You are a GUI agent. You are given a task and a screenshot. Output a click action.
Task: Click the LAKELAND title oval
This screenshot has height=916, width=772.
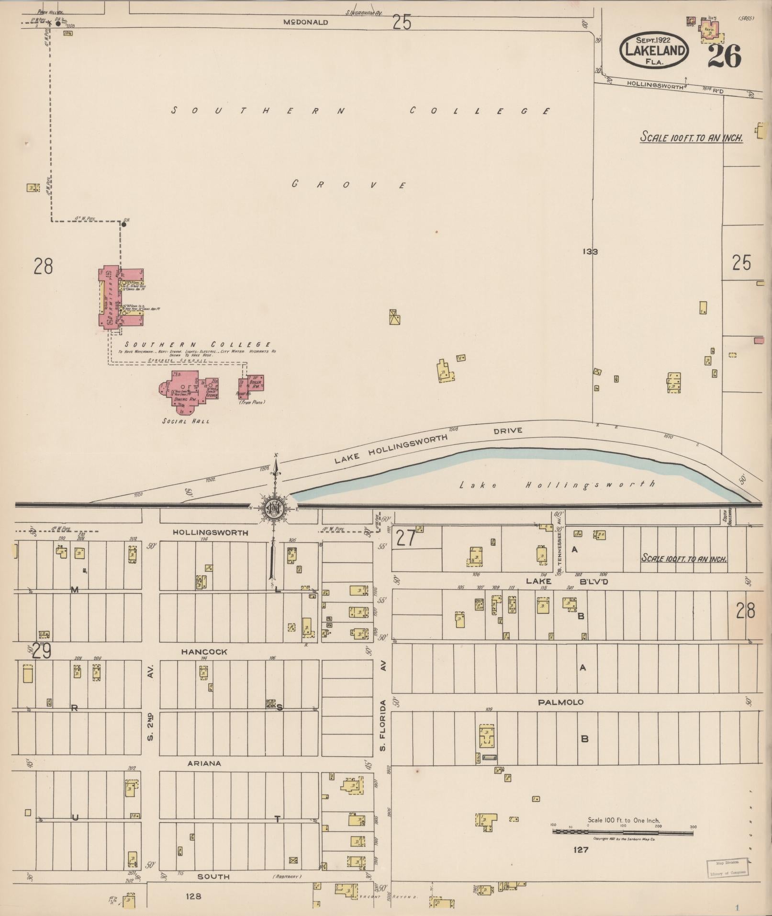(654, 50)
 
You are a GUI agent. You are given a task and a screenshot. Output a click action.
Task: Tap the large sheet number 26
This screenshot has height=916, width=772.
(724, 56)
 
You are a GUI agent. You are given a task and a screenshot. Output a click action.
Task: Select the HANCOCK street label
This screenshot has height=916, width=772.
(204, 652)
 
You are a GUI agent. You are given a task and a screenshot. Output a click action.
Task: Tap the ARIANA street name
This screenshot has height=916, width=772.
(204, 763)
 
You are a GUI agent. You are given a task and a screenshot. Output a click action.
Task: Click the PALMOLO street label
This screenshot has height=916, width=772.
(560, 702)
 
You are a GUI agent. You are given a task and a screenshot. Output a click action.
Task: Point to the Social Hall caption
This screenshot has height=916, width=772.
(186, 421)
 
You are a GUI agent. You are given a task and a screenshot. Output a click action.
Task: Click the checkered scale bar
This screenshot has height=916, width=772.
(623, 833)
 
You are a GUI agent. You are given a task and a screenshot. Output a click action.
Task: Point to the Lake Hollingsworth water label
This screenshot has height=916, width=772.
(557, 485)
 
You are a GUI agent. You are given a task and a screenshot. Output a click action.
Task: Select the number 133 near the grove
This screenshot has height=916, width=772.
(591, 251)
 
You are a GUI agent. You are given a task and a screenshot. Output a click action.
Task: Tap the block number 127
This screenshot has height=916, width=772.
(581, 850)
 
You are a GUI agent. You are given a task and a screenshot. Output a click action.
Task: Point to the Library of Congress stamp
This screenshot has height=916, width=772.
(727, 867)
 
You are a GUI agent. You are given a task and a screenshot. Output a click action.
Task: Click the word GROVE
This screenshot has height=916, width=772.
(349, 185)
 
